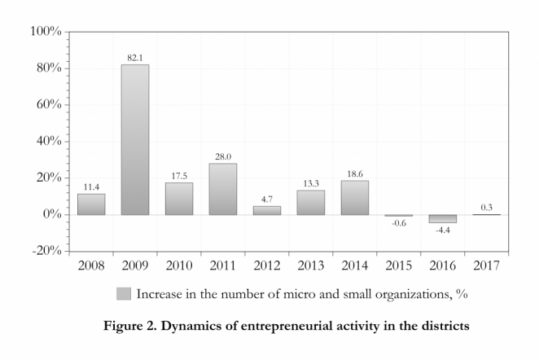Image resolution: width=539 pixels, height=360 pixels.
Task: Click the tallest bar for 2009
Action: point(135,139)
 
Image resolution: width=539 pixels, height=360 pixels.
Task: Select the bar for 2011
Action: point(222,189)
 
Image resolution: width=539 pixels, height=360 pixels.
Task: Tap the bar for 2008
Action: point(91,204)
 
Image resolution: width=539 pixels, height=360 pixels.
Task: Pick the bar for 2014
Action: point(354,197)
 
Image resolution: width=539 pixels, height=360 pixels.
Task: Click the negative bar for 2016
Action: point(442,218)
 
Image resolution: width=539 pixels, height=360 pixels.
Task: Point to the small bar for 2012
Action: point(266,210)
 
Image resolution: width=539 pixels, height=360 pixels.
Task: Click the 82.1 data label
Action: point(135,58)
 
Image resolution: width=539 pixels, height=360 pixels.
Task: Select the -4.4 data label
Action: point(442,230)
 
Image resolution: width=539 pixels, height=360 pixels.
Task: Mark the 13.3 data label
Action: point(310,183)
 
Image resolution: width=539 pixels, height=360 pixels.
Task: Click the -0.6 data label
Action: point(398,224)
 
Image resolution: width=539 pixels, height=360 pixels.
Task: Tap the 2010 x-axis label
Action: point(179,266)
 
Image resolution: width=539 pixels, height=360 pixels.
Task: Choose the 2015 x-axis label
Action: point(398,266)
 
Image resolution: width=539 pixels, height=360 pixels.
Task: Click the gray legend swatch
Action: point(124,293)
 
